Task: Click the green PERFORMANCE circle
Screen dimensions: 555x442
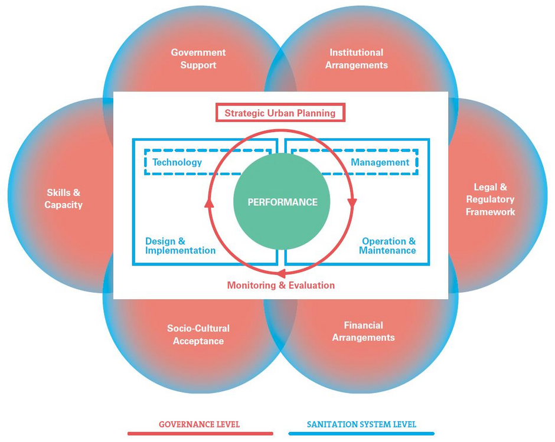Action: click(x=282, y=202)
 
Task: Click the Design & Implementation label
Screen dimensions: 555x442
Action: click(x=181, y=246)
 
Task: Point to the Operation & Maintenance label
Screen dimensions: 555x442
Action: click(x=387, y=246)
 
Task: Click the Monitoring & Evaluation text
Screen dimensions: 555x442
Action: click(x=281, y=285)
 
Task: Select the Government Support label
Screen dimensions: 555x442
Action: click(x=198, y=59)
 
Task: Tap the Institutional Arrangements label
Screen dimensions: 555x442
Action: click(x=357, y=59)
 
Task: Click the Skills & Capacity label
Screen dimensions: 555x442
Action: click(x=64, y=198)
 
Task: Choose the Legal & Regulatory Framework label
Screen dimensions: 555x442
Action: click(x=490, y=199)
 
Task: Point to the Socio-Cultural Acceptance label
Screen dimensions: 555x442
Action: click(x=198, y=335)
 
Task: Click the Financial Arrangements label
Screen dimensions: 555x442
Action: click(x=364, y=331)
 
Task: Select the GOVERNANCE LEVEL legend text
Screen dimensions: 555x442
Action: click(x=200, y=424)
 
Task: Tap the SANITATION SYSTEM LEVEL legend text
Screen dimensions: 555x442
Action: click(x=361, y=424)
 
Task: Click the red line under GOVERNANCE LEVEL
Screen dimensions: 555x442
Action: click(x=200, y=434)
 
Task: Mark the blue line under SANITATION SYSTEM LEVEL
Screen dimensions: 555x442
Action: click(x=361, y=434)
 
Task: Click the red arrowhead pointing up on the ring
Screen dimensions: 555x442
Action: click(x=209, y=202)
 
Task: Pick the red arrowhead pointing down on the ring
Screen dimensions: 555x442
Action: click(x=352, y=203)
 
